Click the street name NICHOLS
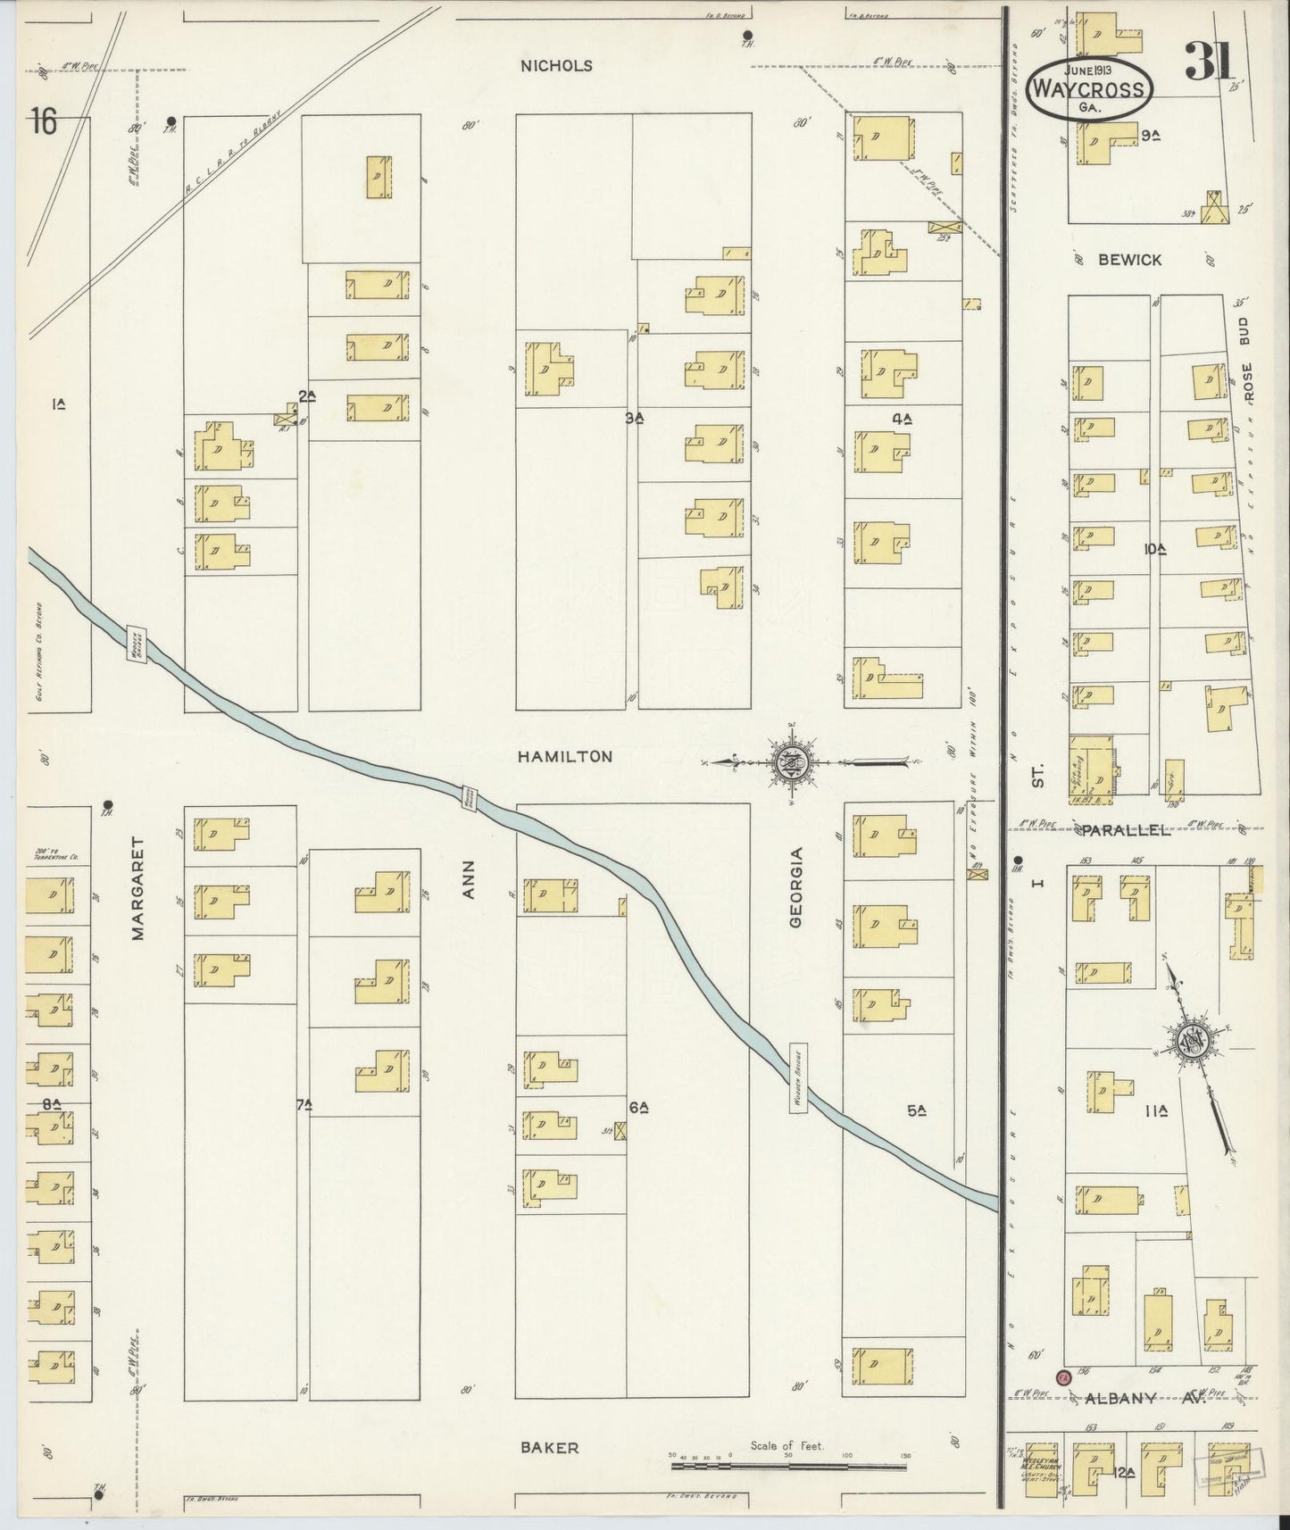tap(558, 65)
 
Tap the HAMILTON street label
tap(565, 756)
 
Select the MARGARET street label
tap(137, 888)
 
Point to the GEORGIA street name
tap(797, 888)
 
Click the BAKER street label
tap(550, 1447)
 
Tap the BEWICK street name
tap(1129, 260)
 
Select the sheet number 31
tap(1209, 62)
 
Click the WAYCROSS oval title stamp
tap(1088, 87)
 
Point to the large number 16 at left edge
tap(43, 121)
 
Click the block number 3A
tap(635, 417)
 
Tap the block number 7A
tap(304, 1105)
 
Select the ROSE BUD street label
tap(1248, 358)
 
